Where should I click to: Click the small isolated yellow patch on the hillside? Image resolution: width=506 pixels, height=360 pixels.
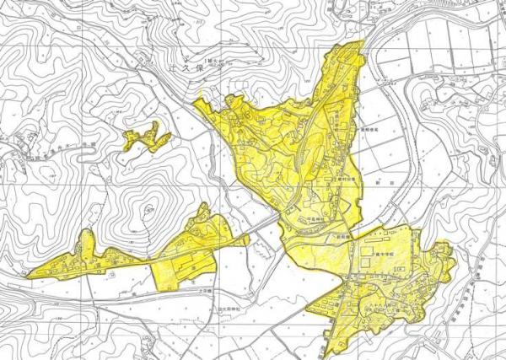coord(146,137)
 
